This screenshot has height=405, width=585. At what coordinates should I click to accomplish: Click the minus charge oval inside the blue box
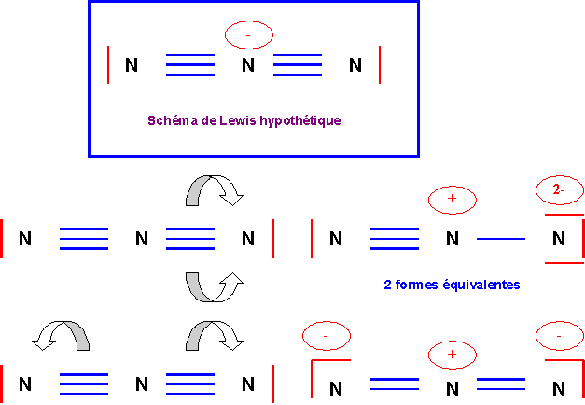click(x=248, y=35)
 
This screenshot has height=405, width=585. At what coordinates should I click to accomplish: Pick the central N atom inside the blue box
click(x=247, y=65)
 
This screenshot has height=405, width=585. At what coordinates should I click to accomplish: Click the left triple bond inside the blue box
click(x=189, y=64)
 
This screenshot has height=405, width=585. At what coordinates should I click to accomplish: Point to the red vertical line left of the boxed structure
click(x=109, y=64)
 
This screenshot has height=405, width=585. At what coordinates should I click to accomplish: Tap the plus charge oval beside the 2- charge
click(x=453, y=201)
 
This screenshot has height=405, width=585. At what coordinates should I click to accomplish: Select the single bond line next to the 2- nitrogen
click(x=501, y=240)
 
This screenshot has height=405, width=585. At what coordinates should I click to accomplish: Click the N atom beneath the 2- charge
click(x=559, y=239)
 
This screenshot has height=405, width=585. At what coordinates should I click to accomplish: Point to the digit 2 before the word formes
click(x=387, y=284)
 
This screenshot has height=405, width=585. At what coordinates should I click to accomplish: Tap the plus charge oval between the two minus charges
click(x=453, y=355)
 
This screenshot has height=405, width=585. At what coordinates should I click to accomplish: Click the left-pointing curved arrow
click(x=62, y=337)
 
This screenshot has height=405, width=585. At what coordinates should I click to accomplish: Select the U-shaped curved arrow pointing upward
click(x=214, y=286)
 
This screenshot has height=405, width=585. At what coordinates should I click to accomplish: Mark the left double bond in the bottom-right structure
click(x=395, y=384)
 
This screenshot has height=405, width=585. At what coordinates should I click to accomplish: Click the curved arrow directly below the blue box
click(x=214, y=191)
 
